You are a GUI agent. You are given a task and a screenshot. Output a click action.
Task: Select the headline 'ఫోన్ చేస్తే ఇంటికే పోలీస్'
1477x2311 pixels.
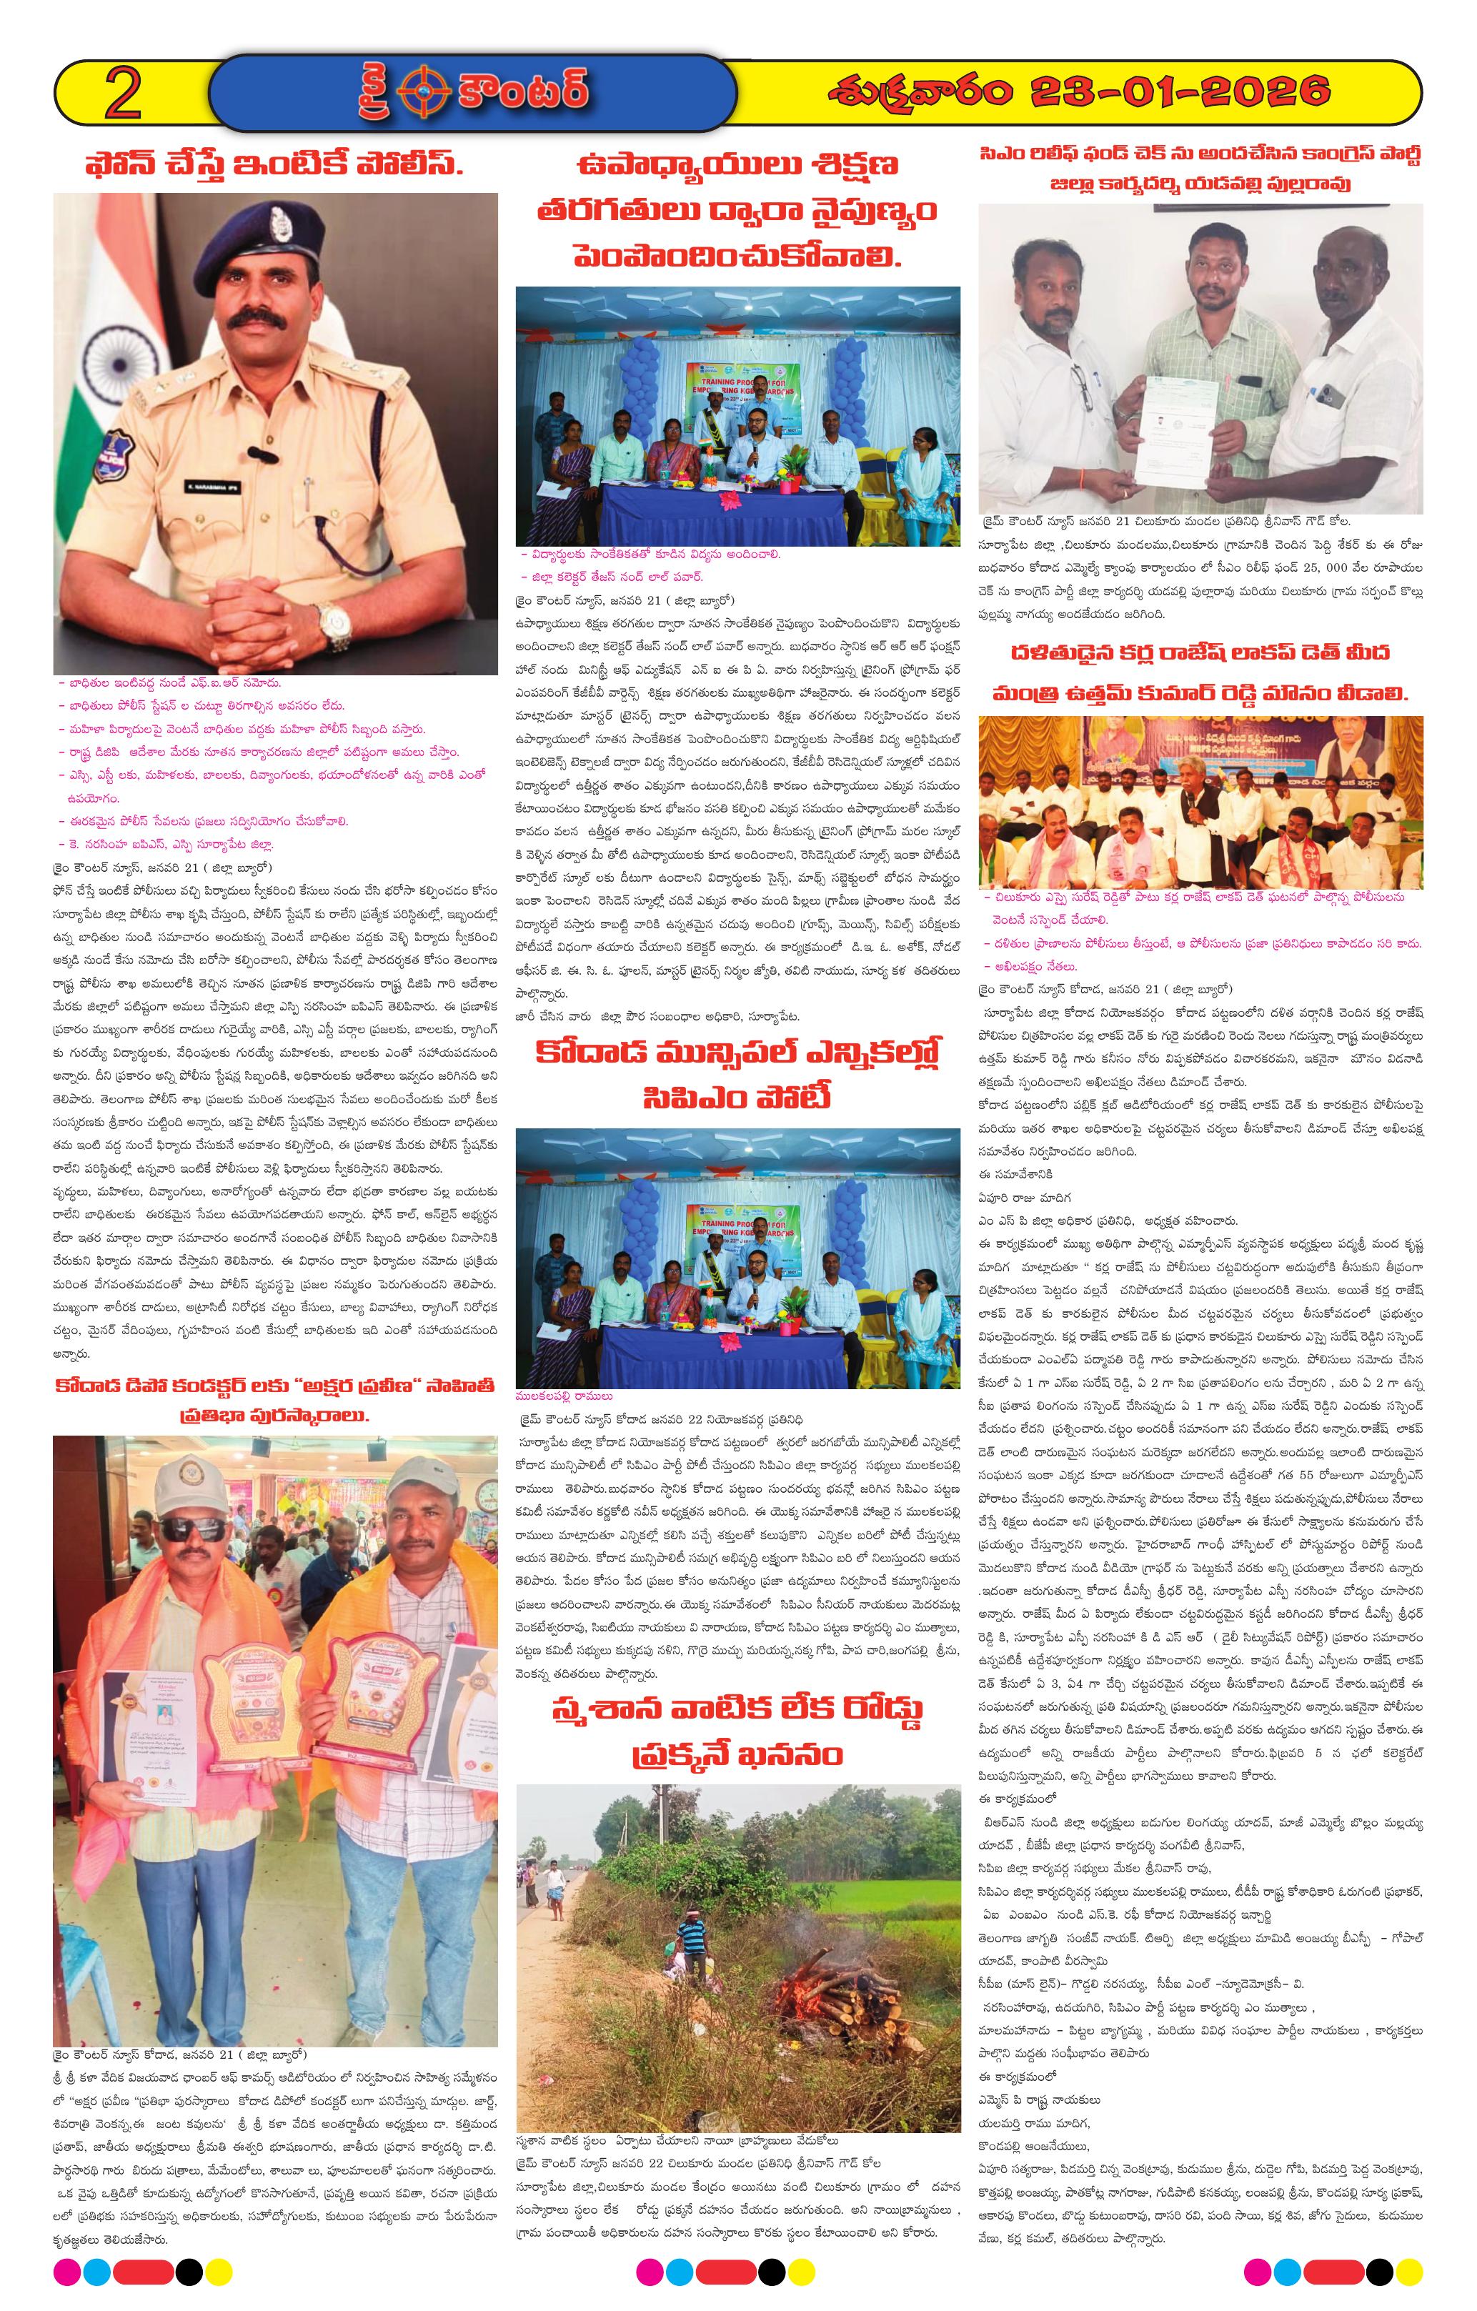click(274, 164)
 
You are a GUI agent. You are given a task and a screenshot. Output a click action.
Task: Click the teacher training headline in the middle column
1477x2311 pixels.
click(737, 211)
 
